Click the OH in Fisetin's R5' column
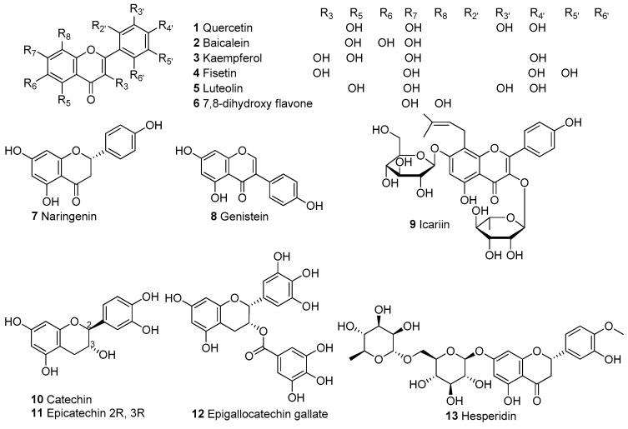point(570,72)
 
